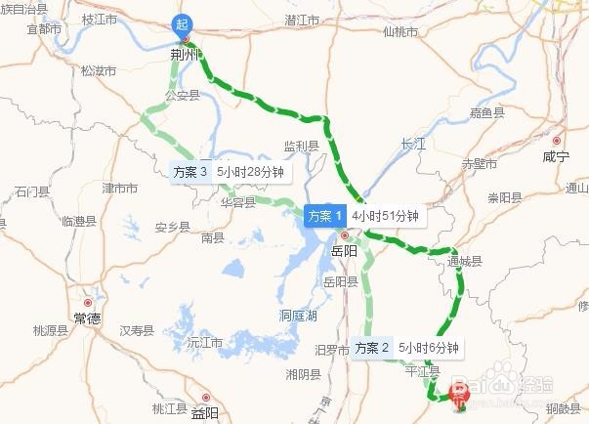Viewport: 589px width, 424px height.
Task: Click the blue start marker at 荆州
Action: [x=183, y=24]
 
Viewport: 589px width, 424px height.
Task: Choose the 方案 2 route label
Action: [x=373, y=347]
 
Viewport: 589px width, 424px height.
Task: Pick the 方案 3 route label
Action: [x=190, y=171]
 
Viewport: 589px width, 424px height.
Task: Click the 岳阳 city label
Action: [x=345, y=251]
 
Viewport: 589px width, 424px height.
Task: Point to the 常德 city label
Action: [x=86, y=319]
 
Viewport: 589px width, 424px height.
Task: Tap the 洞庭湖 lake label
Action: [x=298, y=316]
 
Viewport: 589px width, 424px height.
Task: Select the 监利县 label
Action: [x=302, y=146]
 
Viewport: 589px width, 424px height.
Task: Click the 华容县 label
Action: [x=237, y=203]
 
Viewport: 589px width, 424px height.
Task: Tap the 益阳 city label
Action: [x=205, y=411]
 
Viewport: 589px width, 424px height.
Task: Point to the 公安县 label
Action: [x=182, y=95]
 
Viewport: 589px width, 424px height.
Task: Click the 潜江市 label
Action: [x=303, y=19]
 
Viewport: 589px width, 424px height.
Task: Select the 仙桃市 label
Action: [x=400, y=31]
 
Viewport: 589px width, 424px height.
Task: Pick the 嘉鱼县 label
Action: [x=486, y=113]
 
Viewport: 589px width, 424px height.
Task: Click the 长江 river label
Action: [x=413, y=144]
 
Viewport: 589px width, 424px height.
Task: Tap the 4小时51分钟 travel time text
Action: [x=385, y=216]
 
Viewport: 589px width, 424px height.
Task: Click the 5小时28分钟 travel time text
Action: [x=250, y=171]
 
